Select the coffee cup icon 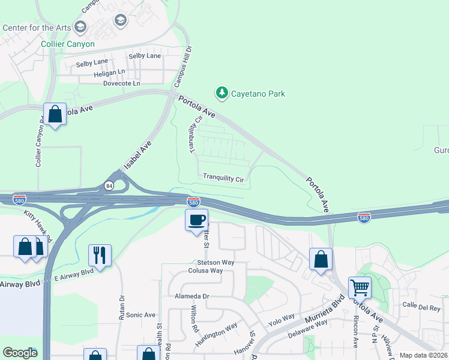[x=196, y=220]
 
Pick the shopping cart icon [x=360, y=287]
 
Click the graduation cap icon [x=121, y=22]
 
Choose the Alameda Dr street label [x=192, y=296]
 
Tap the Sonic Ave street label [x=140, y=314]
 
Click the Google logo [x=20, y=353]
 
